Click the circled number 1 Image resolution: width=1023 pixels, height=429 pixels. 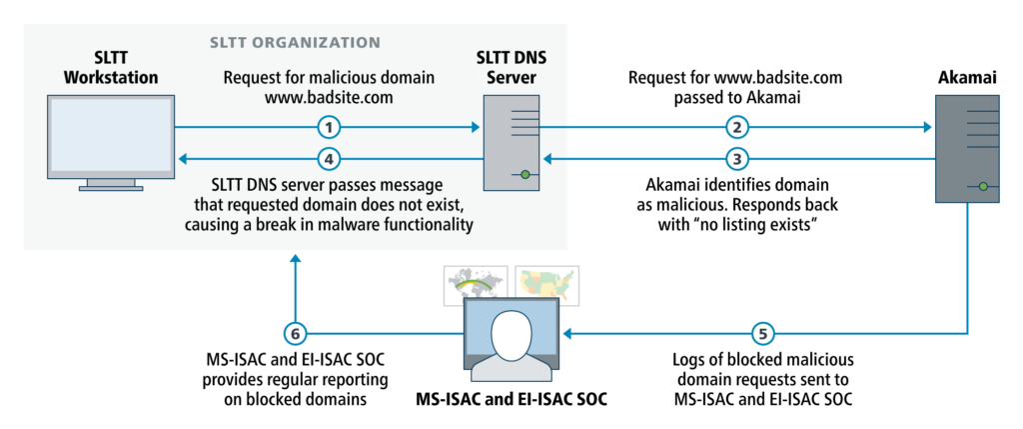pos(329,127)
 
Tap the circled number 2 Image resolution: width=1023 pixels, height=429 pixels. pos(736,127)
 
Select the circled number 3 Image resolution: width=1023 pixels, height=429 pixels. pos(736,158)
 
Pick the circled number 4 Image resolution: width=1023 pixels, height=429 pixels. pos(329,158)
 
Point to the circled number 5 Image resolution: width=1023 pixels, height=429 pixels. pos(762,334)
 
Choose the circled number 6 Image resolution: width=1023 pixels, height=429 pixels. pos(295,334)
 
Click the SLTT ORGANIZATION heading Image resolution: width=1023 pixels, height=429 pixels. pos(294,43)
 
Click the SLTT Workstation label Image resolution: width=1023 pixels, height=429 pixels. pos(111,68)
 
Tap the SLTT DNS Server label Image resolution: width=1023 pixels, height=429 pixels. pos(512,68)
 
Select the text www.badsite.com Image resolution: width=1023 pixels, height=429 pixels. pos(329,98)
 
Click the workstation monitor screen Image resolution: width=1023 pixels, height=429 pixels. pos(111,137)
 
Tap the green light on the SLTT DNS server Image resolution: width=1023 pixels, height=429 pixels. pos(522,175)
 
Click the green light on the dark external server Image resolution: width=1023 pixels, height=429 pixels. pos(983,186)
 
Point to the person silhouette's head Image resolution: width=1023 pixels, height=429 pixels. pos(511,330)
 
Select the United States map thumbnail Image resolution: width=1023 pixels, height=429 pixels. pos(546,284)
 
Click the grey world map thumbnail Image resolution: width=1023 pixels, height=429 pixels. pos(476,284)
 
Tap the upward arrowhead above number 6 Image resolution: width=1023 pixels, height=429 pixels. pos(295,259)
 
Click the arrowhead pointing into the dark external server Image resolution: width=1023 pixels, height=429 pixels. pos(927,127)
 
